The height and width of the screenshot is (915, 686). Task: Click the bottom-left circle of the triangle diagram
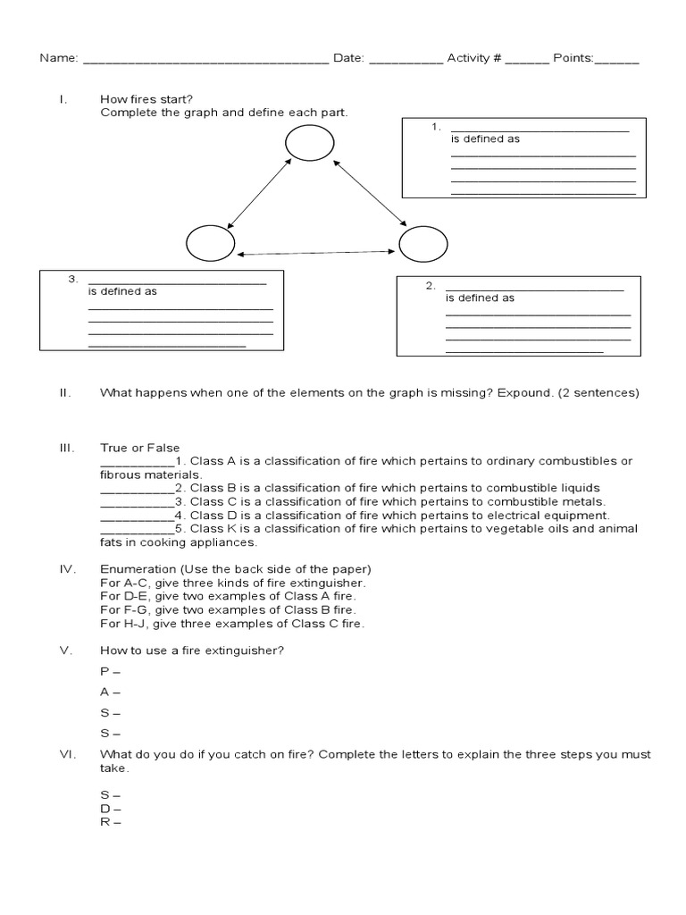(x=211, y=243)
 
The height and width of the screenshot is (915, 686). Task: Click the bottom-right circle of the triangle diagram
(x=422, y=243)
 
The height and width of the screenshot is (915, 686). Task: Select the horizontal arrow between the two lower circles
(x=317, y=254)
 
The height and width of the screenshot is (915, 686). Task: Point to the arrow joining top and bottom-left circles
(x=260, y=192)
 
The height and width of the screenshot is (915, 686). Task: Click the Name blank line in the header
(x=205, y=62)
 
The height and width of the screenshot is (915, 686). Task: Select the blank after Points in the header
(x=617, y=62)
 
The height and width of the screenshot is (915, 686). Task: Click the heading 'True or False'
(x=140, y=448)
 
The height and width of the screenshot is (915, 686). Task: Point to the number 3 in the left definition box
(x=73, y=280)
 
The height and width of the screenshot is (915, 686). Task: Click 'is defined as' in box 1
(x=485, y=139)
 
